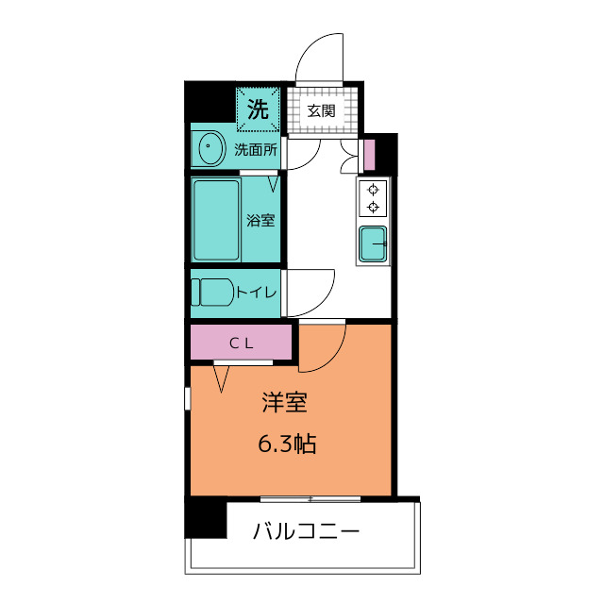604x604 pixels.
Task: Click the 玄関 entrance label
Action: pyautogui.click(x=321, y=110)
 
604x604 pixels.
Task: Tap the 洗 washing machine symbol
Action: pyautogui.click(x=258, y=108)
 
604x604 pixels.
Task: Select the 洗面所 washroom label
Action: pyautogui.click(x=255, y=148)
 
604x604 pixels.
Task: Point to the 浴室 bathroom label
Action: pyautogui.click(x=260, y=221)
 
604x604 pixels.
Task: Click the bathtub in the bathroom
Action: pyautogui.click(x=216, y=220)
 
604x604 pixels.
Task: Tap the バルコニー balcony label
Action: pyautogui.click(x=306, y=532)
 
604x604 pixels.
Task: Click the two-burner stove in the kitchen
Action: pyautogui.click(x=374, y=197)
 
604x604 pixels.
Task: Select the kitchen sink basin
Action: pyautogui.click(x=375, y=244)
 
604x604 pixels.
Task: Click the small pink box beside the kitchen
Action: pyautogui.click(x=369, y=153)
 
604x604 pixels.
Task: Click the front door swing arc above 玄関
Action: pyautogui.click(x=318, y=58)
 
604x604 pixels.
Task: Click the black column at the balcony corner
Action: pyautogui.click(x=205, y=517)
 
